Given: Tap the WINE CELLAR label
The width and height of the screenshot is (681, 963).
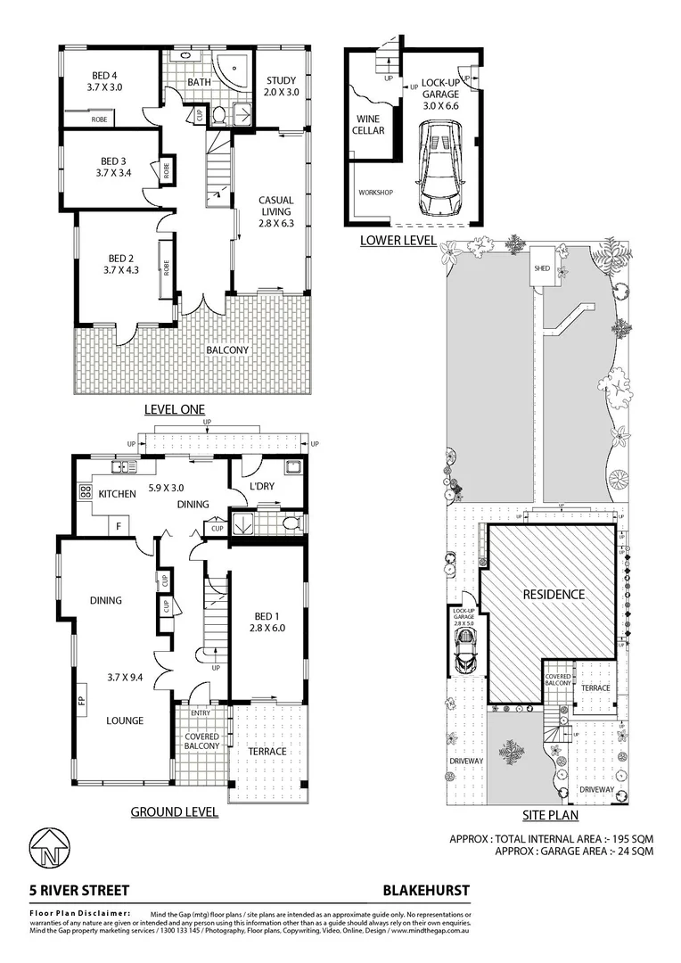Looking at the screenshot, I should [370, 124].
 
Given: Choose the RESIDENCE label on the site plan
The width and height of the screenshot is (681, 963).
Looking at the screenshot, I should [553, 595].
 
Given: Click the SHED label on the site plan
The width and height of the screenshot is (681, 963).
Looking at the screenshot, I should [542, 267].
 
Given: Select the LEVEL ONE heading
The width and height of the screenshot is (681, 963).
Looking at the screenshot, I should [174, 409].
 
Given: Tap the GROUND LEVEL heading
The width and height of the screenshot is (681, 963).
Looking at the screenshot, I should [174, 811].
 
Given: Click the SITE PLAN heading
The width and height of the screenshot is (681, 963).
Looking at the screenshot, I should [550, 815].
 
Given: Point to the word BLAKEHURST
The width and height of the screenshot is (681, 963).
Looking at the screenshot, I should [425, 890].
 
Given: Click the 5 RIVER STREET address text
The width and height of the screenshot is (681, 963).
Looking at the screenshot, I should [78, 890].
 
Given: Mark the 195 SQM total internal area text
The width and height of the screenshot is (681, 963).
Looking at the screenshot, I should [633, 837].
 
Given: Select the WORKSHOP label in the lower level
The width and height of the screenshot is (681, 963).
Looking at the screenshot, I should [376, 193].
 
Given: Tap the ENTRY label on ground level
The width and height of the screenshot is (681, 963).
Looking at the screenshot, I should [200, 712].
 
